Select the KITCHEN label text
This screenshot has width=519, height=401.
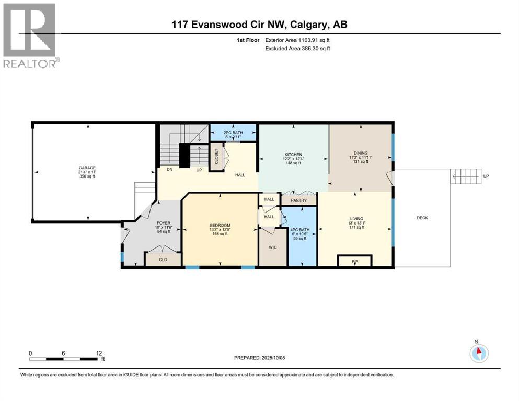[293, 155]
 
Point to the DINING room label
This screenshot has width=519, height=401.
[359, 153]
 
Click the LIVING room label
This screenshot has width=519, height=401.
[357, 219]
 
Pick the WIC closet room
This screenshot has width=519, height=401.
[272, 246]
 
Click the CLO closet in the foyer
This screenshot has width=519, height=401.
[163, 259]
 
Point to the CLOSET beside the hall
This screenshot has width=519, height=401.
[216, 157]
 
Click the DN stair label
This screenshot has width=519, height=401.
[169, 170]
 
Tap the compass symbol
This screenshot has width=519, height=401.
[478, 353]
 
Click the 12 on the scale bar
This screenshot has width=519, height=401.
[99, 353]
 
